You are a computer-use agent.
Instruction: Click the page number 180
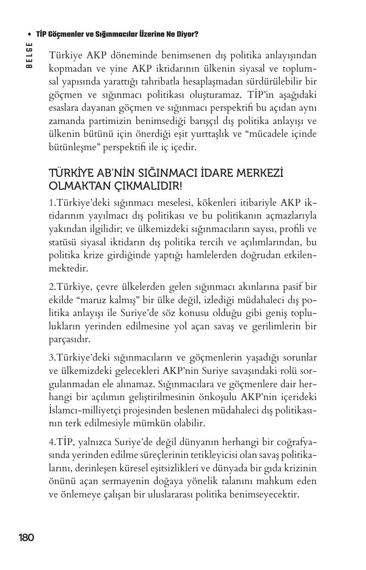coord(26,538)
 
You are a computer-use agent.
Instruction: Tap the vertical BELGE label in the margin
coord(29,55)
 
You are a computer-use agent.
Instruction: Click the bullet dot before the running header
coord(29,34)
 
